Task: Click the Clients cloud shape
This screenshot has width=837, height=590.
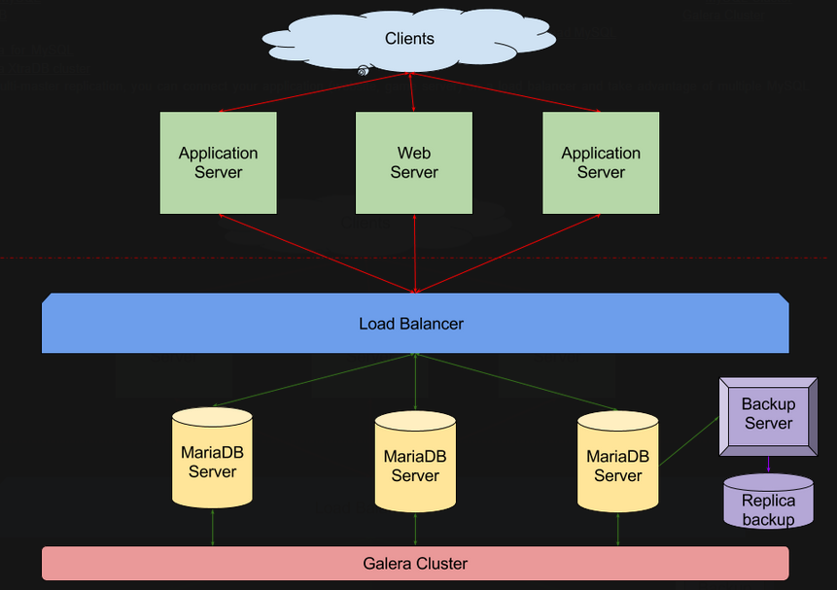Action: click(x=409, y=39)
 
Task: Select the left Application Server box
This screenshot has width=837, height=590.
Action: click(x=218, y=162)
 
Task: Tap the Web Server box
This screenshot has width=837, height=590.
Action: click(x=414, y=162)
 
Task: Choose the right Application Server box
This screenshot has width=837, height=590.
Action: click(x=601, y=162)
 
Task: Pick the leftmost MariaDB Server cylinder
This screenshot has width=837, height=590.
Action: click(x=212, y=459)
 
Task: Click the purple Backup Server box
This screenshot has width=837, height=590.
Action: click(x=768, y=415)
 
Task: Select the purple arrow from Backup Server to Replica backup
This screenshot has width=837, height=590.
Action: click(x=768, y=465)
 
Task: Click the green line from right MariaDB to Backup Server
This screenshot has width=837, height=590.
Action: click(x=689, y=441)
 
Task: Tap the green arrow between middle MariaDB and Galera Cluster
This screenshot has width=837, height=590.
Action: click(x=415, y=530)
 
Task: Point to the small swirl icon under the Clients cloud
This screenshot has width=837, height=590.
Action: click(x=363, y=70)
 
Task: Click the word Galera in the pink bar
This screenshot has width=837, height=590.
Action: click(x=388, y=563)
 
